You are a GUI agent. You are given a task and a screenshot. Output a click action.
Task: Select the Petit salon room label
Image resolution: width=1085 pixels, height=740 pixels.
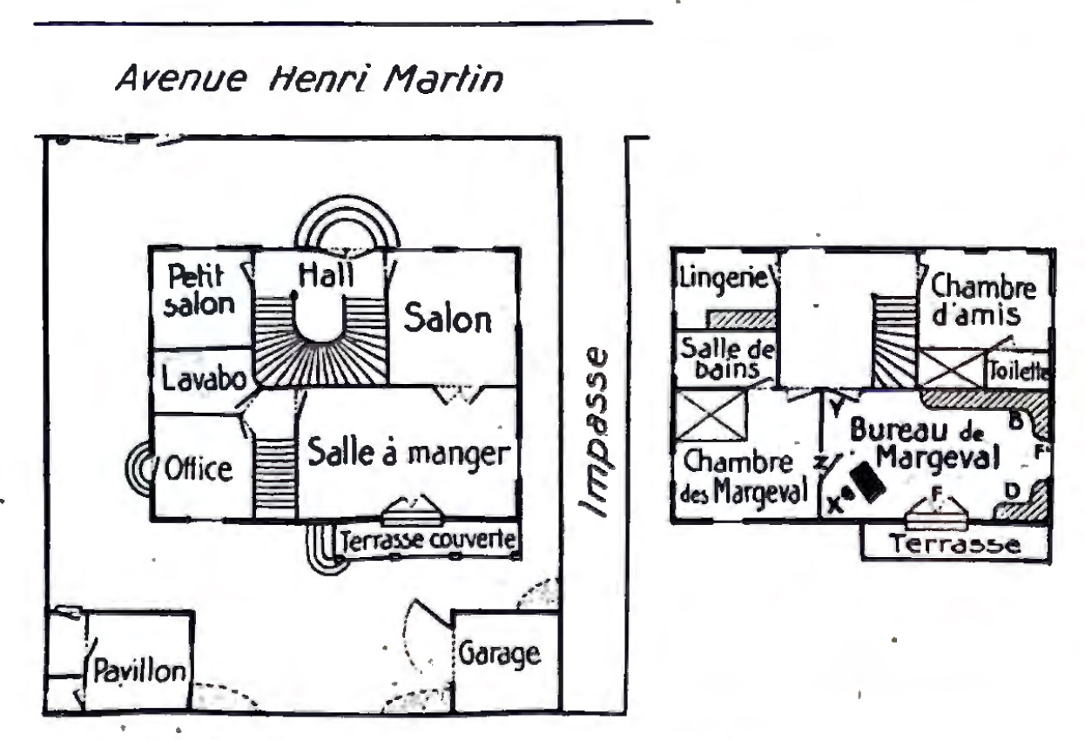(x=201, y=291)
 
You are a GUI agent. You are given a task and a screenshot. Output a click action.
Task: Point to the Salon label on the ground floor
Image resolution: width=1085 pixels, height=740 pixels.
(x=448, y=320)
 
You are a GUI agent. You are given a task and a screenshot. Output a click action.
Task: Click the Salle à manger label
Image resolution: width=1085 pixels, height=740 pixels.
(x=408, y=454)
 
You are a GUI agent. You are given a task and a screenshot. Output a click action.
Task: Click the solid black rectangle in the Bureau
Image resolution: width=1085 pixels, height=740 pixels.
(x=868, y=480)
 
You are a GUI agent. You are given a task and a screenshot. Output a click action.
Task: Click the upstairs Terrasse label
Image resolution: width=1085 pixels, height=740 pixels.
(x=954, y=544)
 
